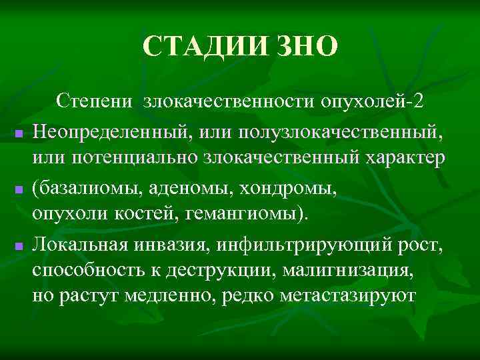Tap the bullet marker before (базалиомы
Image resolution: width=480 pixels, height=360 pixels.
tap(19, 191)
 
